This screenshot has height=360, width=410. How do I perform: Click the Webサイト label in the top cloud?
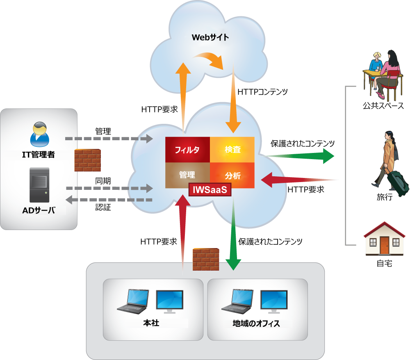point(210,37)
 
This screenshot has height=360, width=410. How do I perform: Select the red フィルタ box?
point(187,149)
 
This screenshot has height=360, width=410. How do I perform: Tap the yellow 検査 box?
point(232,149)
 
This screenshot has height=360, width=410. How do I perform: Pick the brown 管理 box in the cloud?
point(187,175)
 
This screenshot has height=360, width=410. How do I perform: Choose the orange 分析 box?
point(232,175)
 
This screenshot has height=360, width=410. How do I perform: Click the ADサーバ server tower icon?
point(39,185)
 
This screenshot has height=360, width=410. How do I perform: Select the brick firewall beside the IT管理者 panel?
point(88,160)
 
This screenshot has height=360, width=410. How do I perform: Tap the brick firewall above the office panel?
point(206,259)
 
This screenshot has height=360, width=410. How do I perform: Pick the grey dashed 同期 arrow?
point(109,188)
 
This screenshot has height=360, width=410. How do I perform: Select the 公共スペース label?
point(383,106)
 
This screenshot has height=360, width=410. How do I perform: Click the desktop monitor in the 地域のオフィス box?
point(275,300)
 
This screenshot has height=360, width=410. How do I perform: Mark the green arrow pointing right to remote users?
point(301,156)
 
